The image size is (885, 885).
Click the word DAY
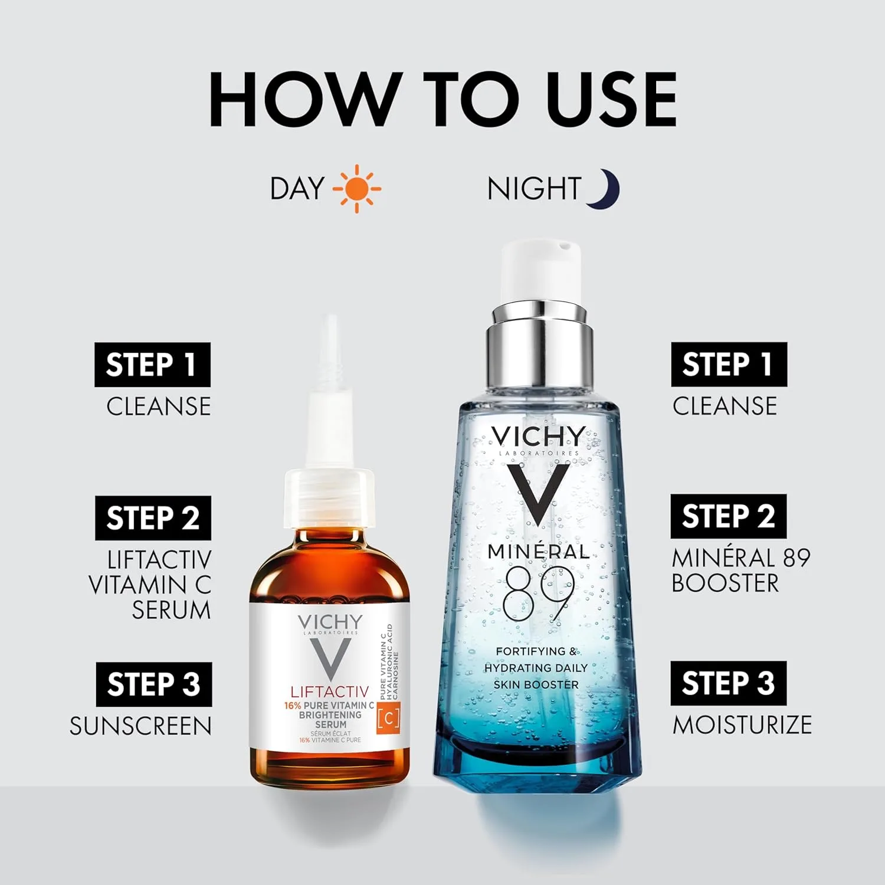pos(297,189)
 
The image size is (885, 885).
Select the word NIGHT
pos(535,189)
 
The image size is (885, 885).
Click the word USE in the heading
pos(611,99)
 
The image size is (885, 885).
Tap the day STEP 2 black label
pos(153,518)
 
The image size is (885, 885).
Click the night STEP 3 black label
pos(729,683)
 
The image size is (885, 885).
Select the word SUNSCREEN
pos(140,726)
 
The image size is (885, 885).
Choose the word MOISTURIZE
pos(742,725)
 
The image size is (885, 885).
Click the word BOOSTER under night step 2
pos(725,583)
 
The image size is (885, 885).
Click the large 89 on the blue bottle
pos(537,593)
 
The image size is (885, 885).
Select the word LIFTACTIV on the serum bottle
pos(330,691)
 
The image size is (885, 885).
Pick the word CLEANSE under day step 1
pos(159,407)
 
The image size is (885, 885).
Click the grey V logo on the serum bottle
pos(330,660)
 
